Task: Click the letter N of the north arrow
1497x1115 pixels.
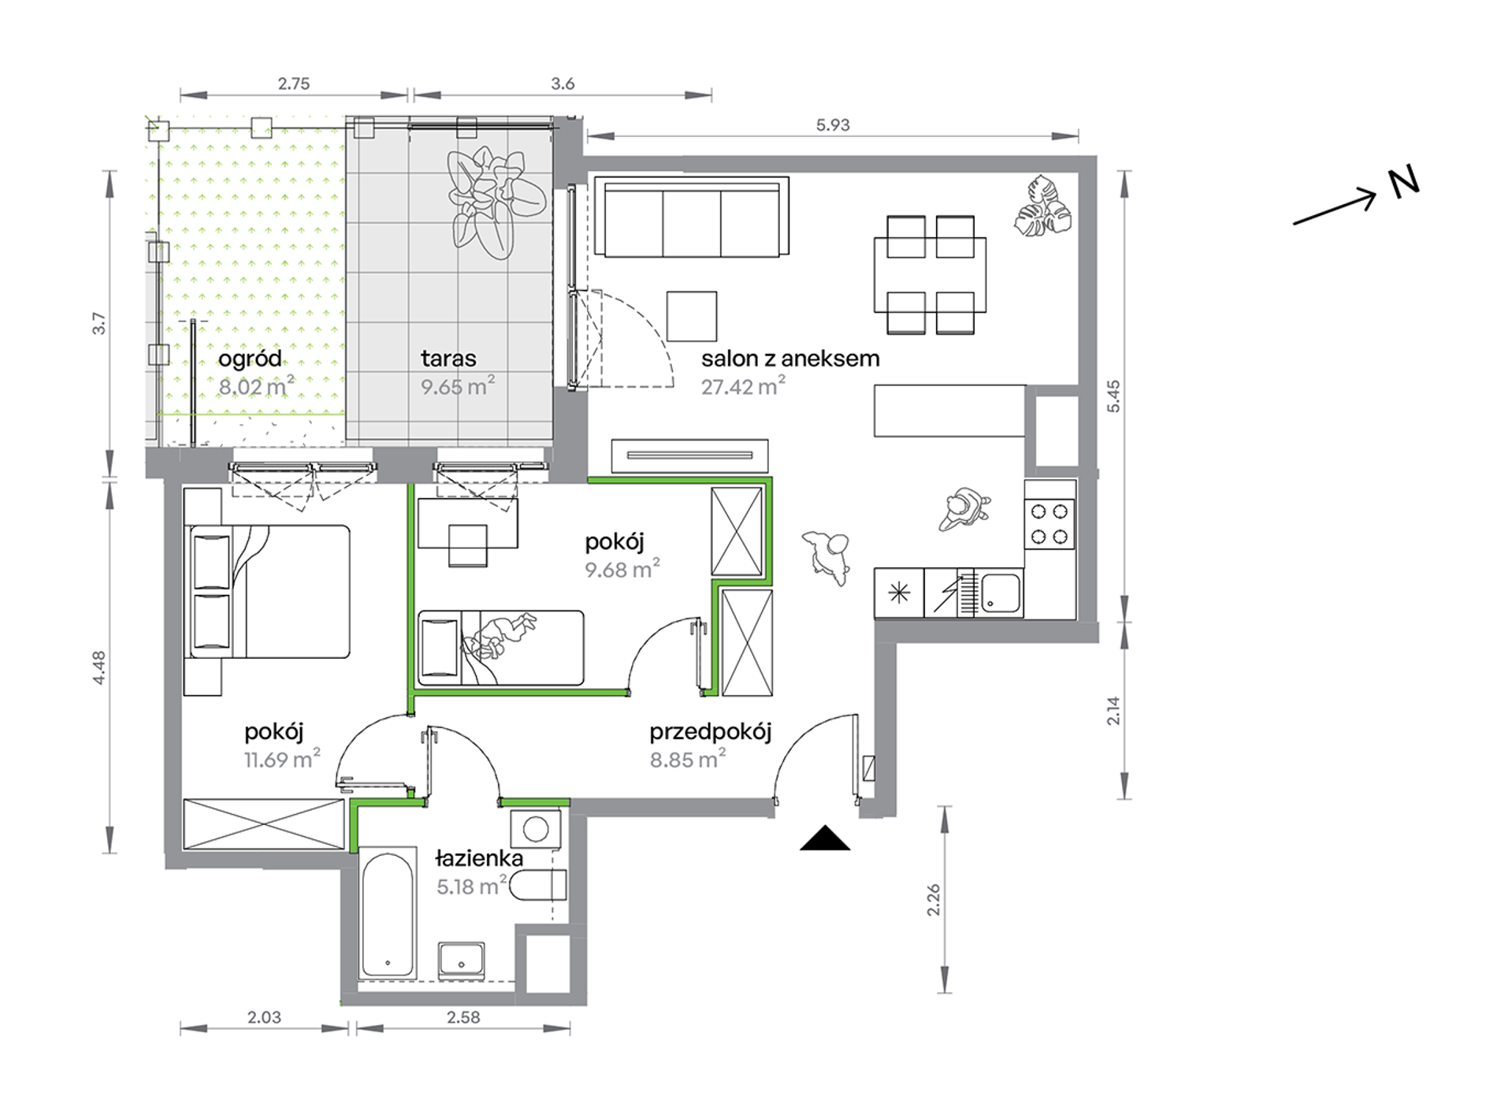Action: pyautogui.click(x=1402, y=182)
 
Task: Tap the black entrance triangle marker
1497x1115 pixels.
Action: pyautogui.click(x=825, y=838)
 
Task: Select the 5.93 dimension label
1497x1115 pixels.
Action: pyautogui.click(x=833, y=125)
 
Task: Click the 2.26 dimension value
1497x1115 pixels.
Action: pyautogui.click(x=933, y=899)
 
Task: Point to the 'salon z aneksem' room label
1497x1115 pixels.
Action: pyautogui.click(x=790, y=359)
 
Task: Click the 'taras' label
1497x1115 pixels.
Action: pyautogui.click(x=448, y=359)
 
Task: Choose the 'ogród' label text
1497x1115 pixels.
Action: pyautogui.click(x=250, y=359)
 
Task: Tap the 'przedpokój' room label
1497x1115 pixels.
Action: pyautogui.click(x=710, y=732)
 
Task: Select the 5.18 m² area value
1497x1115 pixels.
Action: pyautogui.click(x=471, y=886)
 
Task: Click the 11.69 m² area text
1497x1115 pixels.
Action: pyautogui.click(x=281, y=760)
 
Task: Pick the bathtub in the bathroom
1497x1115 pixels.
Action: pyautogui.click(x=387, y=914)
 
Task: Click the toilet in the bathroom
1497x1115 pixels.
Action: pyautogui.click(x=538, y=886)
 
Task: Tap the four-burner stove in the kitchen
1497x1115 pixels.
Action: pyautogui.click(x=1049, y=524)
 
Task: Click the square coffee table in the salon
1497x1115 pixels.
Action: pyautogui.click(x=692, y=316)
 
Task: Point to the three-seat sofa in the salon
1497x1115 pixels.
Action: pyautogui.click(x=692, y=217)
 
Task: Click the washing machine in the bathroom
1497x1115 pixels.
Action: pyautogui.click(x=536, y=830)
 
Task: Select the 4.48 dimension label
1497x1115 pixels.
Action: pyautogui.click(x=99, y=668)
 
